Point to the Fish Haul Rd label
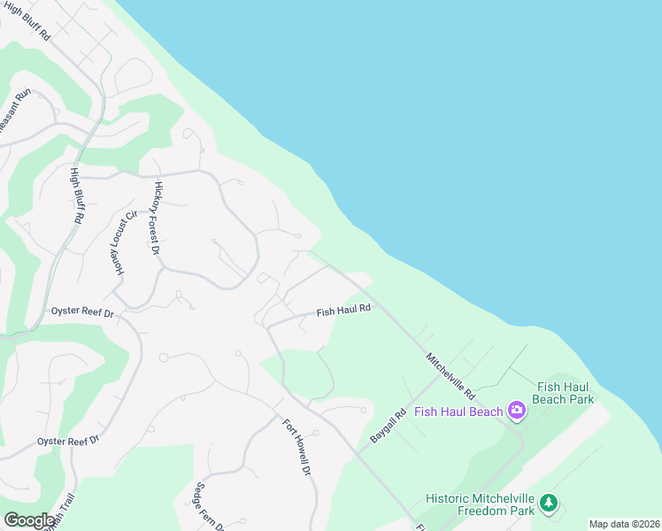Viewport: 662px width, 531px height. (x=343, y=311)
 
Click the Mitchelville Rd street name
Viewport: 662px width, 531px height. (x=450, y=375)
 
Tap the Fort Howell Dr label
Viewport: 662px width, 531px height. (x=297, y=446)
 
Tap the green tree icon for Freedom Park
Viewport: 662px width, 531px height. (x=549, y=504)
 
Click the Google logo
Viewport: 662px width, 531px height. (x=29, y=520)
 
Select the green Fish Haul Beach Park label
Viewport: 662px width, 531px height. (x=564, y=393)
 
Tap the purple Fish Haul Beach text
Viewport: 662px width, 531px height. (x=458, y=411)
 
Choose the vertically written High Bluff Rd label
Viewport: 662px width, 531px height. (x=77, y=195)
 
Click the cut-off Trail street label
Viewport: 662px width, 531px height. (x=64, y=519)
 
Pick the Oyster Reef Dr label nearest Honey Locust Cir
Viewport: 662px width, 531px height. (x=82, y=312)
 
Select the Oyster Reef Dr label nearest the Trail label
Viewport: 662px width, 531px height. (x=68, y=441)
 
